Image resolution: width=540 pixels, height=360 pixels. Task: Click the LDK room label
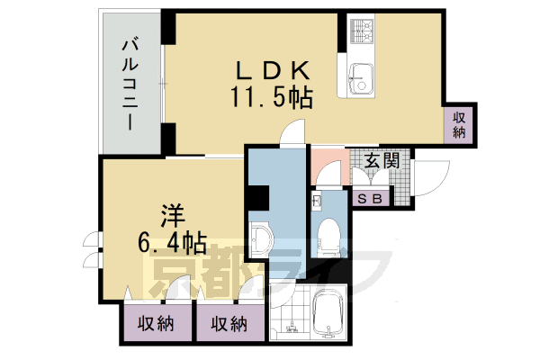pyautogui.click(x=274, y=70)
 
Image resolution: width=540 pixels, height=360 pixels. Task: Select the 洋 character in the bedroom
pyautogui.click(x=174, y=216)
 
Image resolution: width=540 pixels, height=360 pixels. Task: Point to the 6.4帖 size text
pyautogui.click(x=174, y=242)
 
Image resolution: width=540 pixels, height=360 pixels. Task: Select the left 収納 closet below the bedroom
pyautogui.click(x=156, y=325)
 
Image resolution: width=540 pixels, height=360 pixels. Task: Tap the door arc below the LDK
pyautogui.click(x=293, y=134)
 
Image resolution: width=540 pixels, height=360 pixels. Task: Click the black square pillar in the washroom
pyautogui.click(x=259, y=196)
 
